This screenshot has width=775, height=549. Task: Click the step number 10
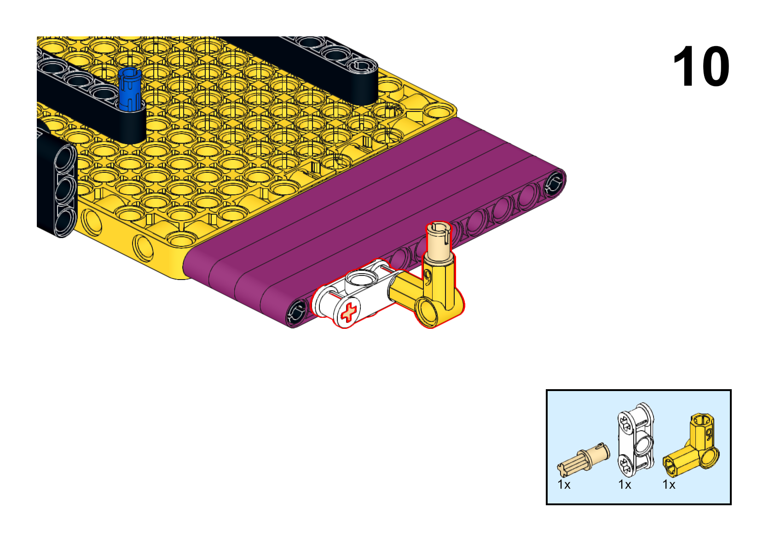coord(701,66)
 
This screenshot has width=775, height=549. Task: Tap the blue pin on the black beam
coord(130,89)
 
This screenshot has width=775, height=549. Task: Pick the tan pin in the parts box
coord(584,457)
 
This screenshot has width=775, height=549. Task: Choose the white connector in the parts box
coord(636,441)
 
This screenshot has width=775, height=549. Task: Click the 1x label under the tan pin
coord(564,485)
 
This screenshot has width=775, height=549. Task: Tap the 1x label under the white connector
coord(625,485)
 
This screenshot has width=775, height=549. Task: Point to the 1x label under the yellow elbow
coord(669,485)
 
